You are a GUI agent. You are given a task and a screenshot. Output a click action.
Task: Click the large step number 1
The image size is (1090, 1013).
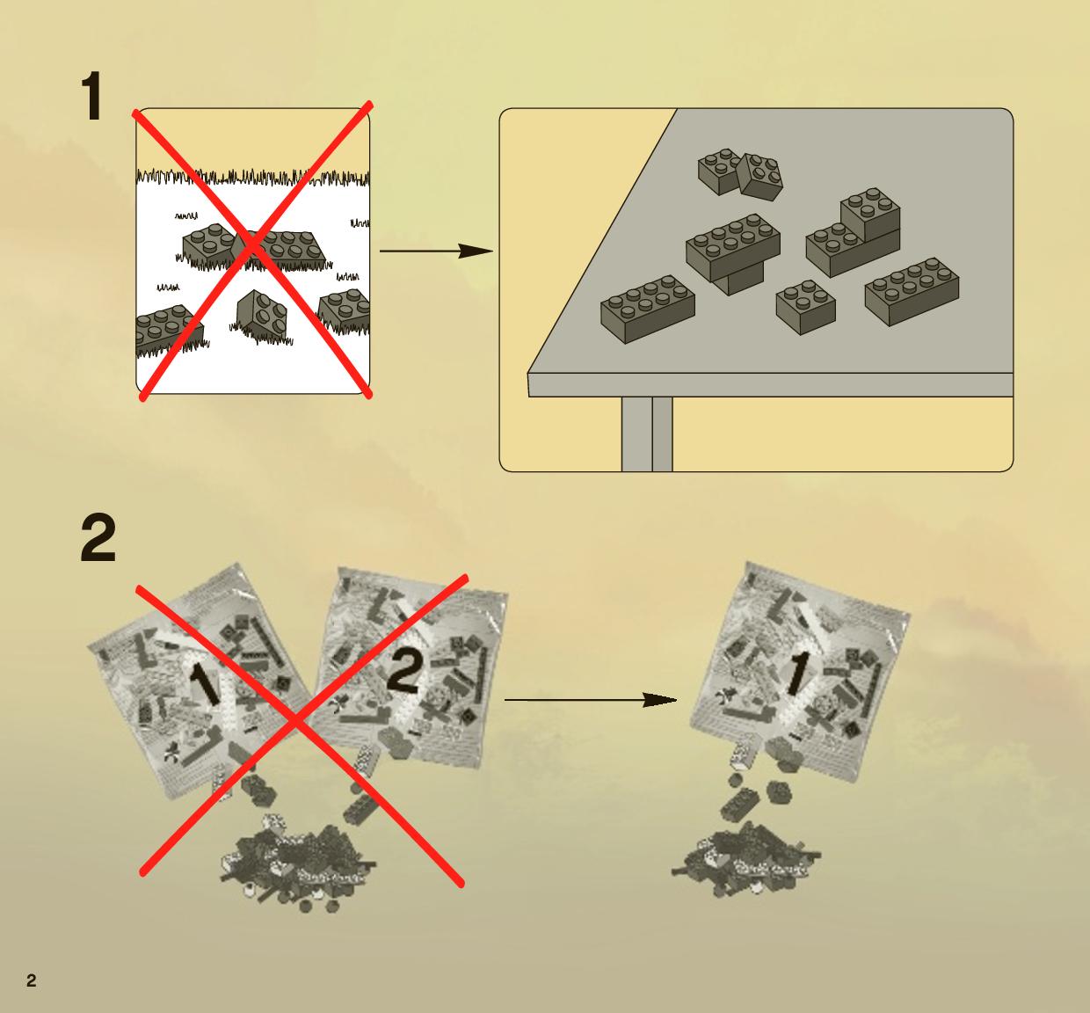(x=93, y=96)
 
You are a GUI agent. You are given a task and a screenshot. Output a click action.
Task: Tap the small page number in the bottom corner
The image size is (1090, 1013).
(x=32, y=980)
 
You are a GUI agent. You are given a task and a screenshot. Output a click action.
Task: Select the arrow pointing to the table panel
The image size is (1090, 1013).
(x=436, y=251)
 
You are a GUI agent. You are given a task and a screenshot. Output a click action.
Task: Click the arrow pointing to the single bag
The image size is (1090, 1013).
(x=591, y=699)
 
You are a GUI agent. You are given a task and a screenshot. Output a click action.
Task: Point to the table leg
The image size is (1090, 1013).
(x=647, y=434)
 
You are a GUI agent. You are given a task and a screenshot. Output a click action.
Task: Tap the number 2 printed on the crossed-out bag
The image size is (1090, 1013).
(x=403, y=672)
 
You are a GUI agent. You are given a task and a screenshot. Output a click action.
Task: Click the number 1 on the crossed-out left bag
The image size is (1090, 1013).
(x=204, y=683)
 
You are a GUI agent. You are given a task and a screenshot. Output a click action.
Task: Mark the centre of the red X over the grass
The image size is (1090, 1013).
(x=253, y=248)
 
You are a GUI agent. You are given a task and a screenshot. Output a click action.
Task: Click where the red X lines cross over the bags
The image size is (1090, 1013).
(x=297, y=725)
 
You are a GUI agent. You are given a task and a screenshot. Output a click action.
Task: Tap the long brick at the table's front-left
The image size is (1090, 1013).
(x=648, y=310)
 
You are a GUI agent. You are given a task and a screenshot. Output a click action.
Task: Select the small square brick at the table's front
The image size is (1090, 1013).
(x=806, y=306)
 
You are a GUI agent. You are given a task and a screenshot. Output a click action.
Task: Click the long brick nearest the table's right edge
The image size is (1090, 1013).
(x=912, y=292)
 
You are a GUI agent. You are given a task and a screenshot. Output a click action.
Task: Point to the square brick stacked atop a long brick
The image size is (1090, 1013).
(x=870, y=215)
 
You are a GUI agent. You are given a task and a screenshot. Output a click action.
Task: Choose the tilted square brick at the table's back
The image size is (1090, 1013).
(x=759, y=176)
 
